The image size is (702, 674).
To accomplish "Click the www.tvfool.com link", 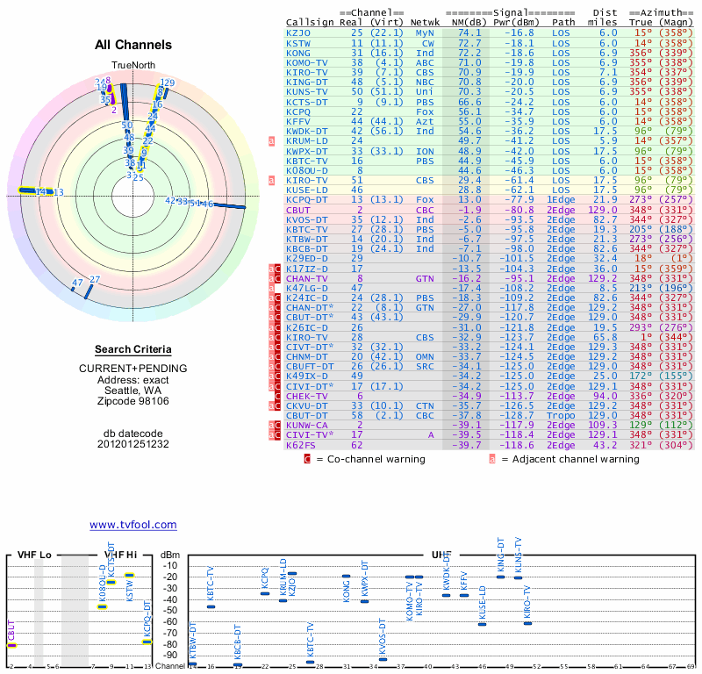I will [x=133, y=525].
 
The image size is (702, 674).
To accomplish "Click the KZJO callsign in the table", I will [x=298, y=32].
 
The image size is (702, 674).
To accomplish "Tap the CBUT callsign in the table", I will [x=298, y=211].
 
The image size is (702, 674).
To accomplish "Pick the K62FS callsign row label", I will [x=301, y=445].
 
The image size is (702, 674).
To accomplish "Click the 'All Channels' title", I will [x=133, y=45].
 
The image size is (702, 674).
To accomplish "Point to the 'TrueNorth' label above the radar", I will [x=133, y=66].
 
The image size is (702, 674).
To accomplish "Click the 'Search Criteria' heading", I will [x=133, y=349].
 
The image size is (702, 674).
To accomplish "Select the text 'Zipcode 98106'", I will [x=133, y=401].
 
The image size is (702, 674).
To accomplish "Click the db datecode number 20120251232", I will [x=133, y=444].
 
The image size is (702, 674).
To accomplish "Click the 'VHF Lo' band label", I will [x=33, y=556].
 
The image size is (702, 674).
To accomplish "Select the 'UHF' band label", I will [x=441, y=556].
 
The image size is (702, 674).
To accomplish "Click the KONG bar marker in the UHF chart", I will [x=346, y=577].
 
